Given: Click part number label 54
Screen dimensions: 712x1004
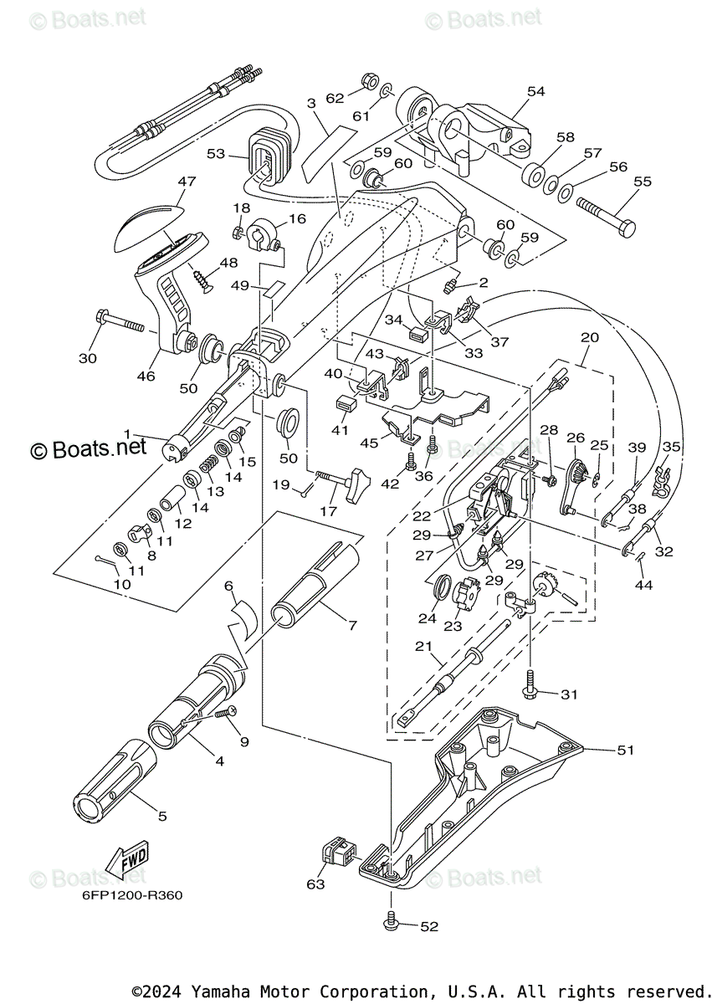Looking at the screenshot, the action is click(x=536, y=91).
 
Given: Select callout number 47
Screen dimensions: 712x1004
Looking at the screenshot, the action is click(x=187, y=182).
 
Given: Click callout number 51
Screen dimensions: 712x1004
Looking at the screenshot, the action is click(x=626, y=750).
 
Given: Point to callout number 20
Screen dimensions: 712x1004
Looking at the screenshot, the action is click(x=590, y=337).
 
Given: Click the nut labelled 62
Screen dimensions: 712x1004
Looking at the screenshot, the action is click(x=370, y=80).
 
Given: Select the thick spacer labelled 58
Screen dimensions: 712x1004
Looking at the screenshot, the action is click(x=533, y=174).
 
